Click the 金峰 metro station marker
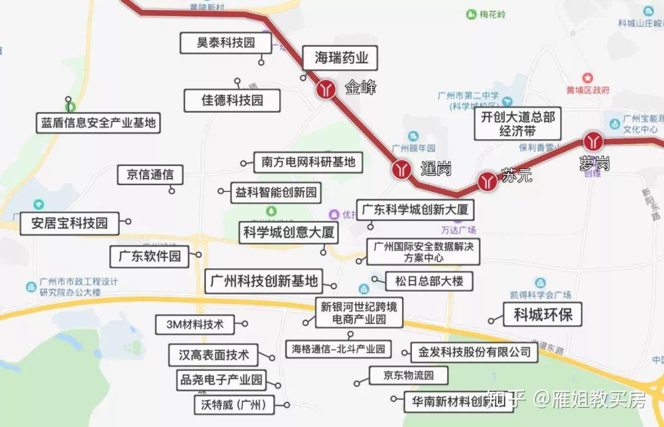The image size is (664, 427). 326,89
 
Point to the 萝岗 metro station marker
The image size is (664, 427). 593,142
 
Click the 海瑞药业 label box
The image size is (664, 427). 341,58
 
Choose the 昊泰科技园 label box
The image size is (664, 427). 226,43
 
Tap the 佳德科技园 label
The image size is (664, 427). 232,100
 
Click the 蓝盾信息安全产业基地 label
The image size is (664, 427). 98,122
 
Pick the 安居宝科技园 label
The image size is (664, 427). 69,223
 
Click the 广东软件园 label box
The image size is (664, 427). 149,255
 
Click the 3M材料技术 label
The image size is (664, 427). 191,324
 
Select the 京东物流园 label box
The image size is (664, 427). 408,375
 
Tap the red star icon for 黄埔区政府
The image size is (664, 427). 588,78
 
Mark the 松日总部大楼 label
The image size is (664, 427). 429,282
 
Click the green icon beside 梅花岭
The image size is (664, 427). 471,14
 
